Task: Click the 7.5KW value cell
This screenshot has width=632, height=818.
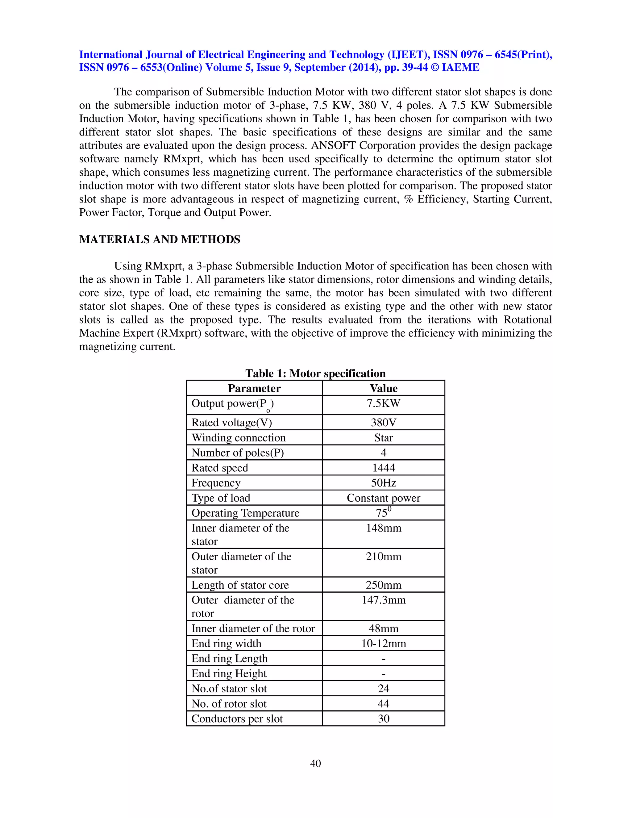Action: click(383, 403)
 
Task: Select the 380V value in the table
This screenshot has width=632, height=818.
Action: click(383, 423)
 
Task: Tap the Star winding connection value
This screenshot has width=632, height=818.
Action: click(383, 437)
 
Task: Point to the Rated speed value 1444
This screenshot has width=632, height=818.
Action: click(383, 467)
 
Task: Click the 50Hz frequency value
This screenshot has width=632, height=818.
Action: click(383, 483)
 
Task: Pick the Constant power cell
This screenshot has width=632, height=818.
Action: click(383, 498)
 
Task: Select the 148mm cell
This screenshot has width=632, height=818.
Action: click(383, 528)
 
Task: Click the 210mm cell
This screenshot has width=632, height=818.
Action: click(383, 557)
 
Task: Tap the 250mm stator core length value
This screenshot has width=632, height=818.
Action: click(383, 585)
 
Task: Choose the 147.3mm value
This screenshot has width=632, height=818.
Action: click(383, 600)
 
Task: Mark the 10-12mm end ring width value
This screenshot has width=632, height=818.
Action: click(383, 644)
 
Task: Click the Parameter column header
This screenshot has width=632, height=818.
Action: click(254, 388)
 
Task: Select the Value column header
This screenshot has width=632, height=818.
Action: click(383, 388)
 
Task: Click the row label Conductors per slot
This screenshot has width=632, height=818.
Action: click(237, 719)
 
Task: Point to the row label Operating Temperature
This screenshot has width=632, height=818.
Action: click(245, 513)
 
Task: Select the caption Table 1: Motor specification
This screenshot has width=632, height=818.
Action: click(315, 374)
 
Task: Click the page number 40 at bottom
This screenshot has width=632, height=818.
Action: click(315, 763)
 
